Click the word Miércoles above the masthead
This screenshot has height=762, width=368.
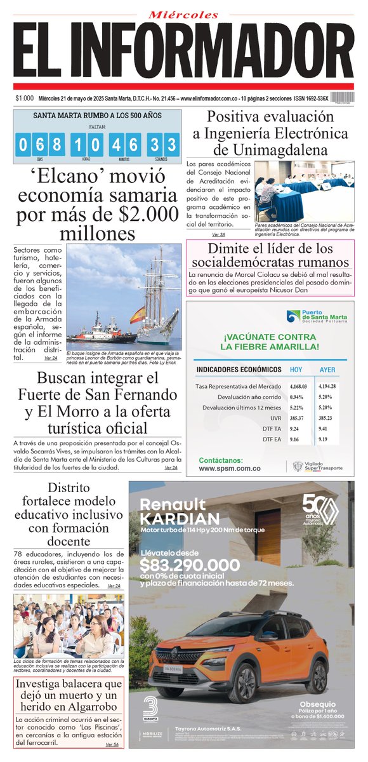coord(183,14)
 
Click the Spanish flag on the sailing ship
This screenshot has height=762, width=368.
coord(137,314)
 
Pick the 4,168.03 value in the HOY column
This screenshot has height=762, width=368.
coord(298,386)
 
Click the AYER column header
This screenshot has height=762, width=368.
coord(327,370)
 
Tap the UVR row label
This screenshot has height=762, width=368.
coord(275,418)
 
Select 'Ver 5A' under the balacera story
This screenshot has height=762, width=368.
coord(113,744)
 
